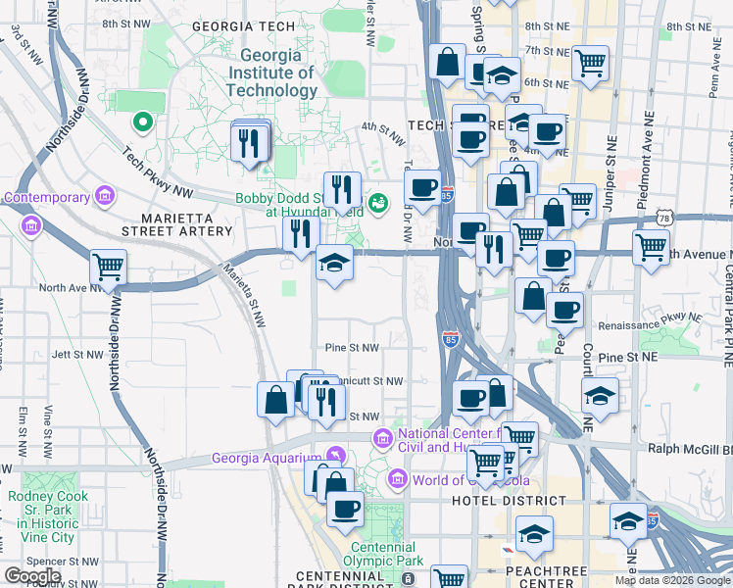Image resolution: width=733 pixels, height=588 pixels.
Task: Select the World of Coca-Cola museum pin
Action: tap(397, 480)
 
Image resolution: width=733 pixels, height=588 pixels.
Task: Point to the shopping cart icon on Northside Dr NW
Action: tap(108, 267)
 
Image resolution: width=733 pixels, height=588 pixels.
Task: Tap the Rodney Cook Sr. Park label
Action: tap(48, 516)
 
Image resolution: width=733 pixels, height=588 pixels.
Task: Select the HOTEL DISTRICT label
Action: tap(509, 501)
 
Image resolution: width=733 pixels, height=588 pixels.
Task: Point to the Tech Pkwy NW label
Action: tap(156, 162)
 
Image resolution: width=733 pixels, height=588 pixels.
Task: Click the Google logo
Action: tap(32, 576)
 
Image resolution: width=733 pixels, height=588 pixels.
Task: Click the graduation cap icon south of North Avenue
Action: tap(335, 264)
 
